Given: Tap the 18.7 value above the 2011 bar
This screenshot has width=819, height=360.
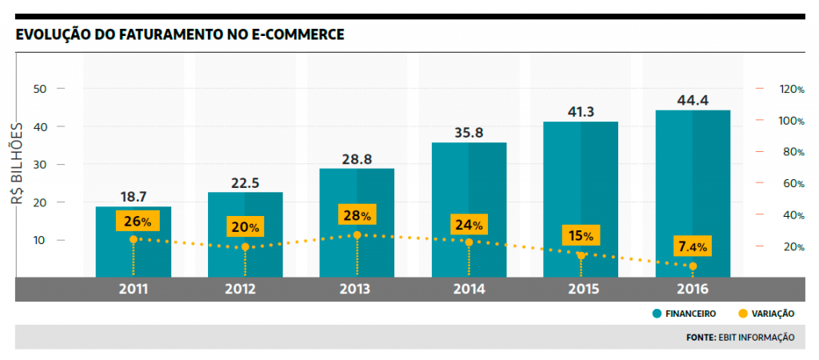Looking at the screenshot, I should coord(133,196).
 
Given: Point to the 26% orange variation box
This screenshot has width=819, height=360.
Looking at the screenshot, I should coord(134,221).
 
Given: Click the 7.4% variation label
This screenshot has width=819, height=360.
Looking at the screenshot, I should coord(693,246).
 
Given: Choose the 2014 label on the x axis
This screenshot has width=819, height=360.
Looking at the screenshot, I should coord(469,289).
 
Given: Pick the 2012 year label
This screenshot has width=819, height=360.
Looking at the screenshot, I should coord(245,289).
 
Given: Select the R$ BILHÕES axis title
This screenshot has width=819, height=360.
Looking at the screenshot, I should coord(17,164).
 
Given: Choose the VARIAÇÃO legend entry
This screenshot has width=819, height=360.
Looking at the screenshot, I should coord(769,314).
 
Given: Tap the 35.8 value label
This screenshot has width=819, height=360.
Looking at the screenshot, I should coord(469,133).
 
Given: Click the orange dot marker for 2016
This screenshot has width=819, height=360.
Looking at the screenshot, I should coord(693,266).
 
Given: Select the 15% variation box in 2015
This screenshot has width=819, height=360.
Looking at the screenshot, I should coord(581,236).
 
